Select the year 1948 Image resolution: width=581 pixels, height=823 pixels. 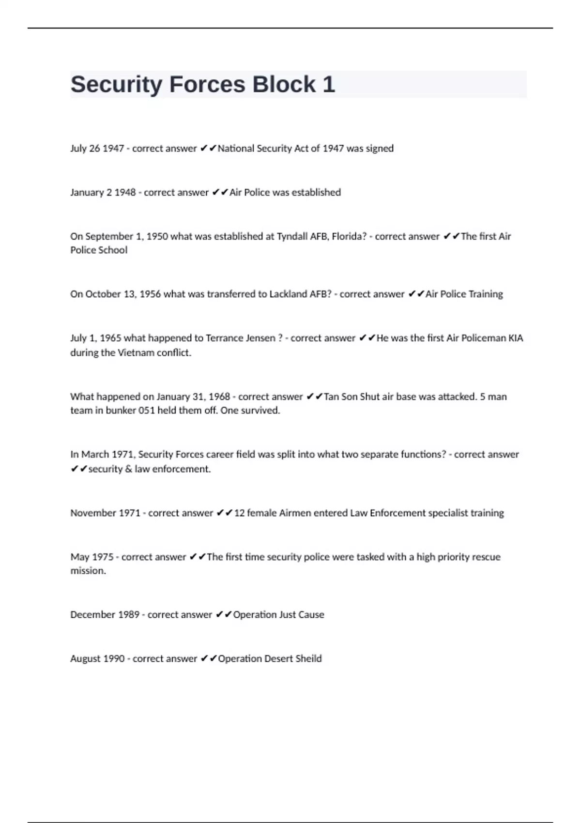125,192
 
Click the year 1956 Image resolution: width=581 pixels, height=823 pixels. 150,294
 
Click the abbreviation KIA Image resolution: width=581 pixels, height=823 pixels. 516,338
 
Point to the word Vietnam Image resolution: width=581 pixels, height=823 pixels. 138,352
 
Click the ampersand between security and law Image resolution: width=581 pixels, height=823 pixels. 128,469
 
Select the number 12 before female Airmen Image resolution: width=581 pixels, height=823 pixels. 239,513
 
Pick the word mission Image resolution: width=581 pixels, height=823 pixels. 88,571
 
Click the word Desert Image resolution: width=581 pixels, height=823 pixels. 278,658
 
